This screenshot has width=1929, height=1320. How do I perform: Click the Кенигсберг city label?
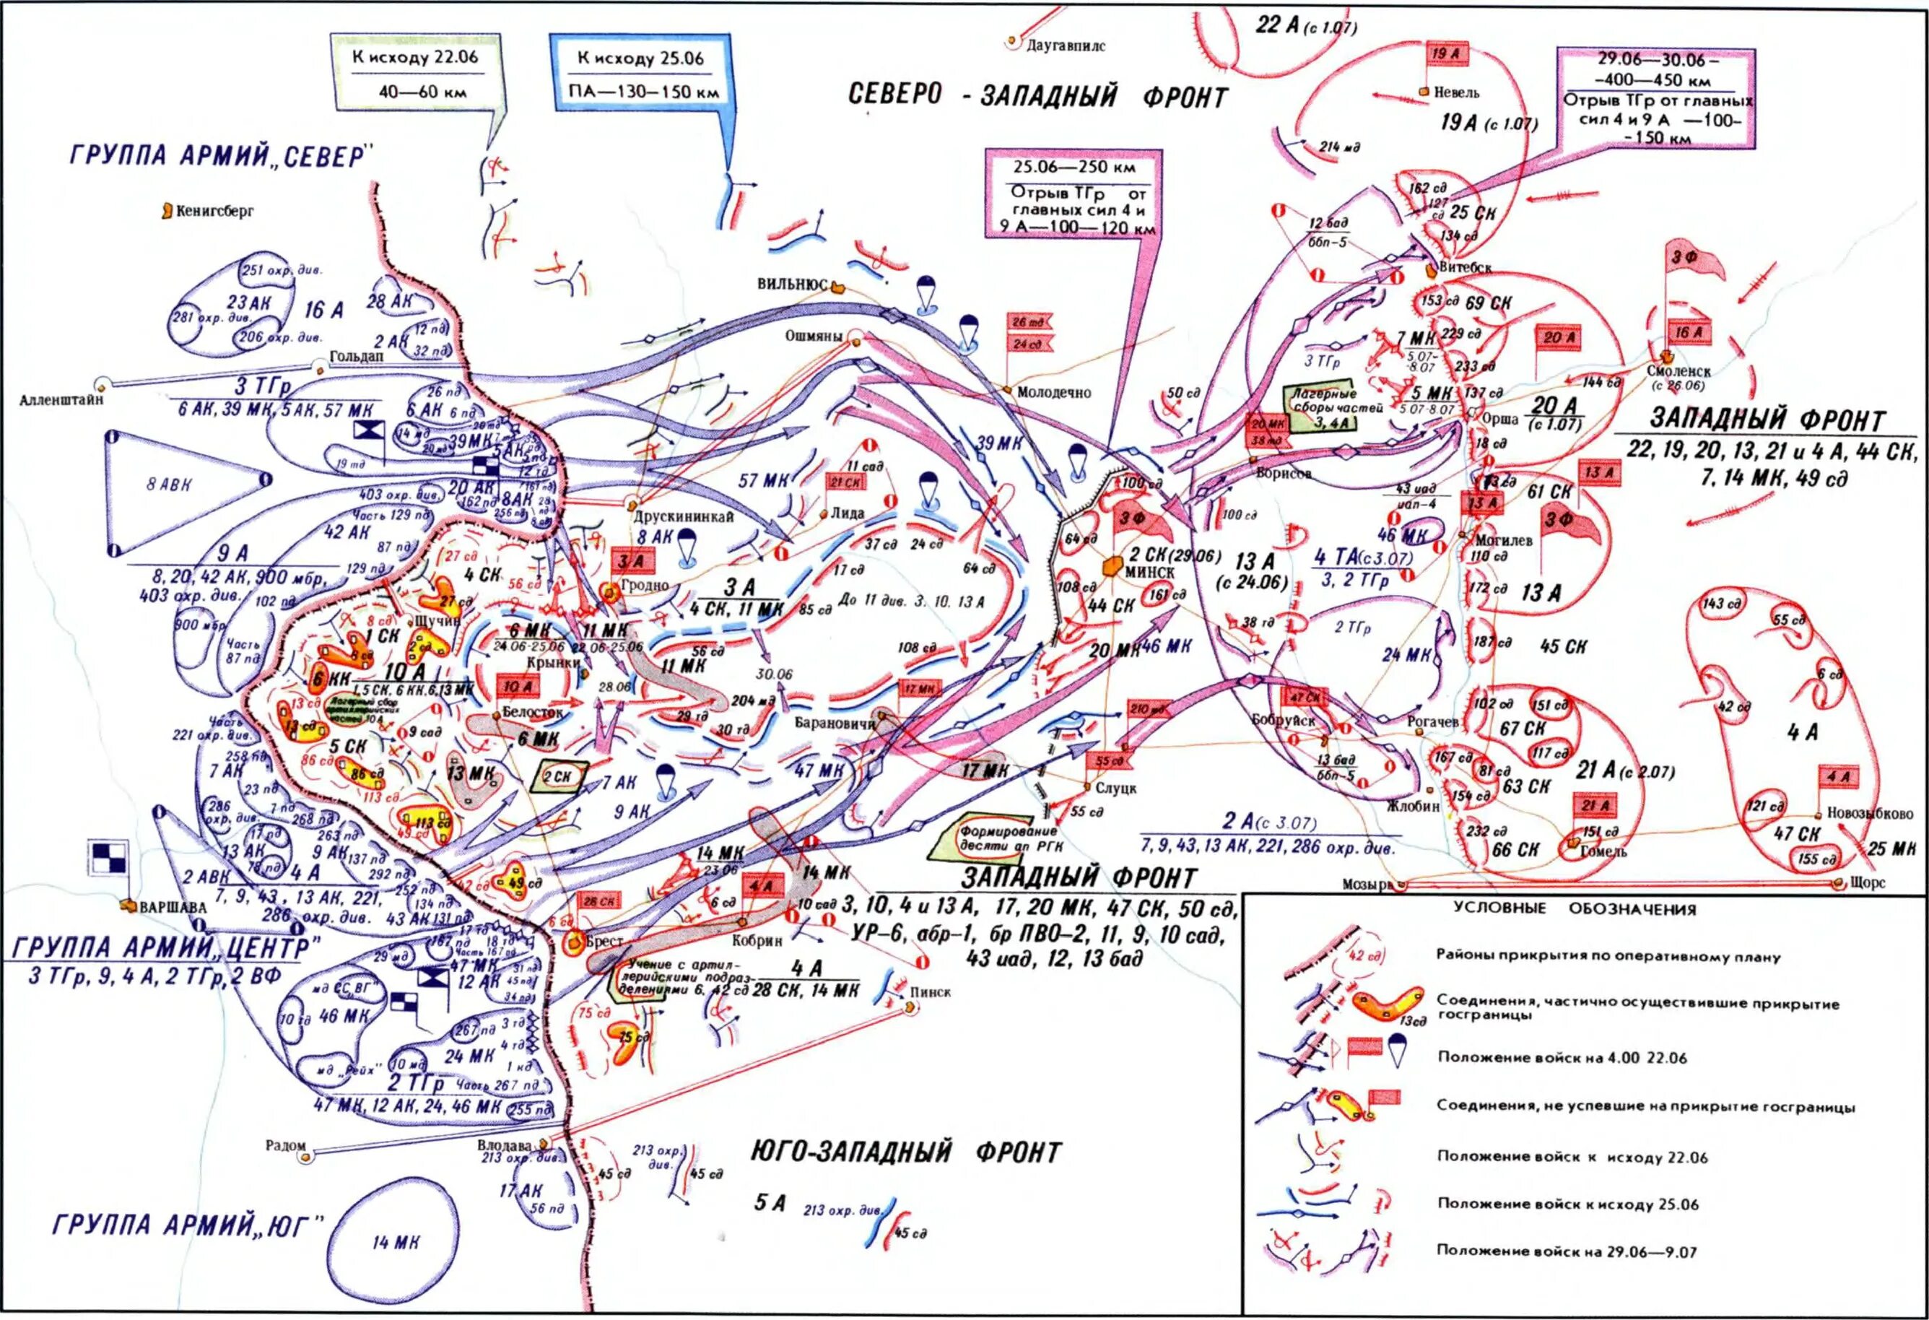pos(215,211)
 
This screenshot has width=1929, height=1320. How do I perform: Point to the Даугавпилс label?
pos(1066,45)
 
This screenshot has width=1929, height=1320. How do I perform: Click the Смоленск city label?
pos(1678,371)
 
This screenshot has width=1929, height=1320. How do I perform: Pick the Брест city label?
pos(604,942)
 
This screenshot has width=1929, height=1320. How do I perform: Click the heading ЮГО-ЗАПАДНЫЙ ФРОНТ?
pos(905,1152)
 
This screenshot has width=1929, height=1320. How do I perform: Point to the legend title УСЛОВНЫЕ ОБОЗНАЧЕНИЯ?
pos(1574,909)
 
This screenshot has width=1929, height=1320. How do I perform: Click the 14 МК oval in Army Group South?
pos(395,1242)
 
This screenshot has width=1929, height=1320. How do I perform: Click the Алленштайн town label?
pos(61,399)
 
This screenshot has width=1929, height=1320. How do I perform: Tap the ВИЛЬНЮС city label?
pos(792,284)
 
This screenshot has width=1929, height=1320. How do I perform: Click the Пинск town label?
pos(930,991)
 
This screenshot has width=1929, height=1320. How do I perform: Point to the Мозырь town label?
pos(1365,884)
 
